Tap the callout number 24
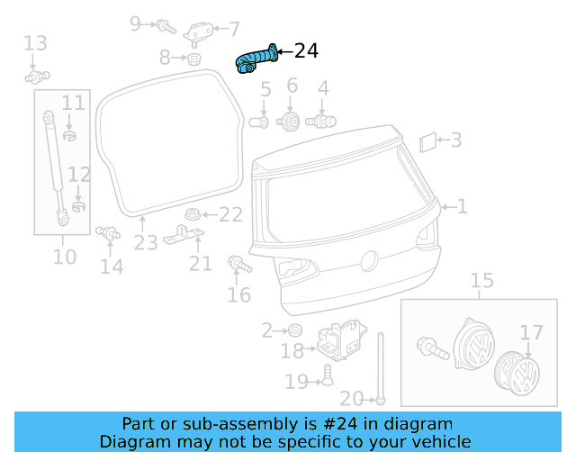click(306, 51)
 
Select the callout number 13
click(35, 42)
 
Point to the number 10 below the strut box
click(64, 257)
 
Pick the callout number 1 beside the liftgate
click(463, 207)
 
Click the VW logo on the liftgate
click(367, 261)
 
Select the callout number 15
click(482, 281)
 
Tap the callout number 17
click(531, 333)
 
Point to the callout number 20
click(352, 399)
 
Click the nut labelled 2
click(294, 330)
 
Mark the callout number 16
click(238, 295)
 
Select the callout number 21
click(200, 263)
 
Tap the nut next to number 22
click(191, 214)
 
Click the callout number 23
click(146, 242)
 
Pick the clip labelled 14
click(108, 233)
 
